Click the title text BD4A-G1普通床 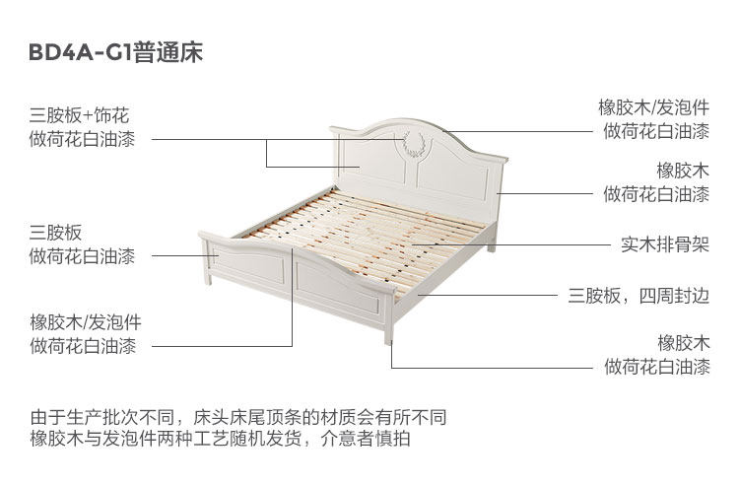pyautogui.click(x=116, y=53)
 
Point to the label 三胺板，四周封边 pyautogui.click(x=638, y=294)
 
